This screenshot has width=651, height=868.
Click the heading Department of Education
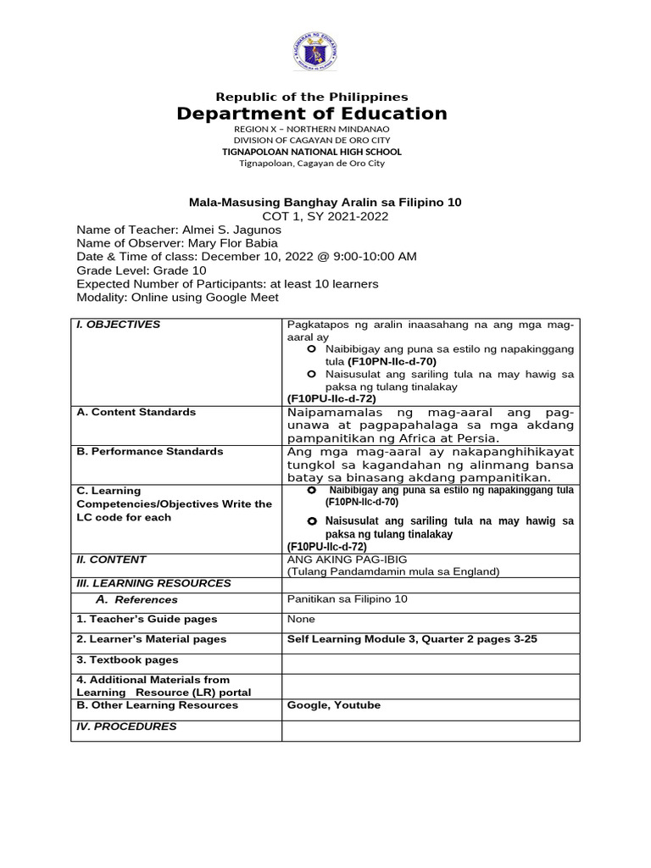(312, 114)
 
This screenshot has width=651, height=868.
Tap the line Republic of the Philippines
(312, 97)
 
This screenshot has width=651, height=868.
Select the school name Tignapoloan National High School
(312, 152)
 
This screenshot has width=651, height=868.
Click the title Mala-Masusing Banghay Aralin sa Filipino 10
(325, 203)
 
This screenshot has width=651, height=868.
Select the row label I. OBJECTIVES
(118, 325)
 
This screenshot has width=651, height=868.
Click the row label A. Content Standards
(136, 412)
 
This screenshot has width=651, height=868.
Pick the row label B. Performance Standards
(150, 451)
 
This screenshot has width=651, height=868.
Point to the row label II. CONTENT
(111, 559)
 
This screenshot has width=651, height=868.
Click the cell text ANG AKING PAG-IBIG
(342, 559)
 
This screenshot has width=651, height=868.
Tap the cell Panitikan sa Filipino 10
(348, 599)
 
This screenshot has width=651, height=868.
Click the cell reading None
(301, 620)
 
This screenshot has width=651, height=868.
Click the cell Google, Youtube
(334, 705)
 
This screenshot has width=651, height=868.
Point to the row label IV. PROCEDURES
(126, 726)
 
